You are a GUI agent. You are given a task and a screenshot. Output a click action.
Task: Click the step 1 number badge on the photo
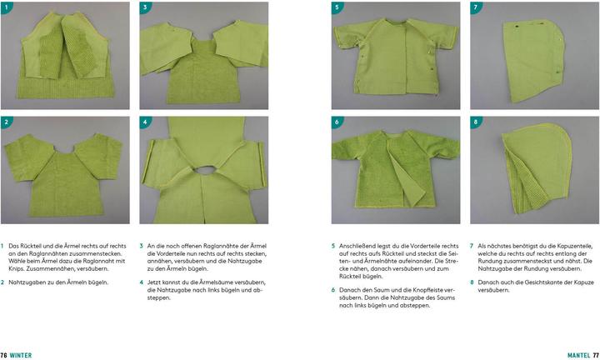coord(7,7)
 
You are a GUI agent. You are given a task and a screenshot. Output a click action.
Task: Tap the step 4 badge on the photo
coord(145,122)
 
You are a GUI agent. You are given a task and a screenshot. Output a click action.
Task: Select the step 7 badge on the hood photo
coord(476,7)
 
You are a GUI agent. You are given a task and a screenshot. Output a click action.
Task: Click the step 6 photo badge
coord(337,122)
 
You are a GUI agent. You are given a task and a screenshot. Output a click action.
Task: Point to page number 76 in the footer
coord(4,355)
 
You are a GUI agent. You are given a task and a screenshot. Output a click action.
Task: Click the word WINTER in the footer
coord(21,355)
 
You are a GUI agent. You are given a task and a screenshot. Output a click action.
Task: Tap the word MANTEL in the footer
coord(579,355)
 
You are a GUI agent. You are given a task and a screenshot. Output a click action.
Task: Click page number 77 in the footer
coord(596,355)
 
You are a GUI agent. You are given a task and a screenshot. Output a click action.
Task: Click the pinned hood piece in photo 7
coord(534,61)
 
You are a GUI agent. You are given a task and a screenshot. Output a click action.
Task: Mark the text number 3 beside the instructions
coord(141,246)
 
